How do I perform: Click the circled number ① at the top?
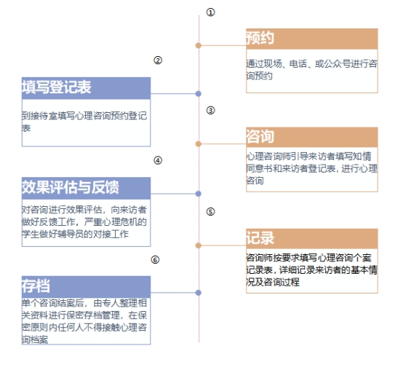point(210,12)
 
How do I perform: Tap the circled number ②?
point(158,60)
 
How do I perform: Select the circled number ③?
point(210,111)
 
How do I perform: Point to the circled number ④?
point(158,160)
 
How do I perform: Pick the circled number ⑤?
point(210,212)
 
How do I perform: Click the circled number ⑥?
point(155,260)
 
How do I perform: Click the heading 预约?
point(260,38)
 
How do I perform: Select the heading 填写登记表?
point(57,87)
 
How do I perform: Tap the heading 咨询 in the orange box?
point(260,136)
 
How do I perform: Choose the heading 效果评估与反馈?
point(71,187)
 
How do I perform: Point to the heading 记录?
point(260,237)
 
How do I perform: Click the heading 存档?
point(36,286)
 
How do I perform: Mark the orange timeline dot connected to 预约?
point(198,46)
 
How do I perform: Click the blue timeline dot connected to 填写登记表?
point(198,94)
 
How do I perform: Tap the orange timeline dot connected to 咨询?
point(198,143)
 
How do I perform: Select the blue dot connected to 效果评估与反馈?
point(198,194)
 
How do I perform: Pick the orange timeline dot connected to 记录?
point(198,245)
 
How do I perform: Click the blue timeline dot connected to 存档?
point(198,293)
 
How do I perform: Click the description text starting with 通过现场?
point(312,70)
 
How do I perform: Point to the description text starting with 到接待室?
point(84,122)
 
